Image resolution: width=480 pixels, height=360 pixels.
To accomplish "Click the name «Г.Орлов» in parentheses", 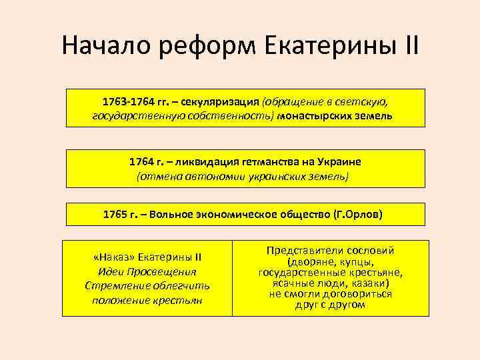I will point(358,215).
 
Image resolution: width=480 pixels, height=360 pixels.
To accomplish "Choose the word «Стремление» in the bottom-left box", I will point(115,285).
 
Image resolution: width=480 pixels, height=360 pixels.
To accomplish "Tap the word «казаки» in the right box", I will point(367,283).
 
